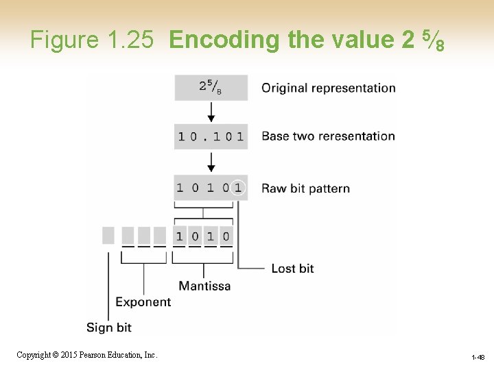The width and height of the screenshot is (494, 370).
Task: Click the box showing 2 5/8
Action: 211,87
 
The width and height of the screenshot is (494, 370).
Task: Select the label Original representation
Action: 329,88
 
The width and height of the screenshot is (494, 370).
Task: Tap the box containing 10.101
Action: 211,136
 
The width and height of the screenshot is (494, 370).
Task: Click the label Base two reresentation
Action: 328,136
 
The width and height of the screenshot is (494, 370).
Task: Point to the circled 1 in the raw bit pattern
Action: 237,187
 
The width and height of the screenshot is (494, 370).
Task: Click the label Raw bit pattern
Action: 305,188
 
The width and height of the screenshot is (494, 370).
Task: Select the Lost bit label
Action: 292,268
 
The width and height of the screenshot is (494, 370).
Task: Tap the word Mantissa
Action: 204,286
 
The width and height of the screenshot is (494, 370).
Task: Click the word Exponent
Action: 143,301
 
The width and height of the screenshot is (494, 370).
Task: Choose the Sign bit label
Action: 108,327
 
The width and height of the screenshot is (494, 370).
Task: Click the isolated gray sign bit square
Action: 108,235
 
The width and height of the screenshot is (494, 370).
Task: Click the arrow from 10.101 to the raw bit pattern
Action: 211,162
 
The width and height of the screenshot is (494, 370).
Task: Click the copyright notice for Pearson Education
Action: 87,355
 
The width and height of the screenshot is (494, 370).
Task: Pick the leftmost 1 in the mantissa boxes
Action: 179,236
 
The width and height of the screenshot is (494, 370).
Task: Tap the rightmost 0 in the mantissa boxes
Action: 226,236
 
